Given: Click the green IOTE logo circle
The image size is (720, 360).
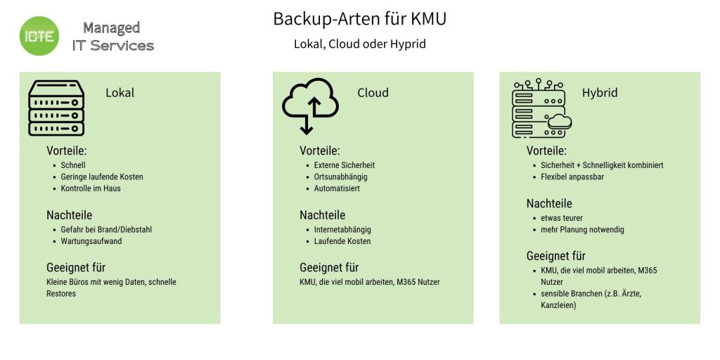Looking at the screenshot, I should [x=39, y=36].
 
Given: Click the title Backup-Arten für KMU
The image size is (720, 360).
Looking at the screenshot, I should [x=359, y=19].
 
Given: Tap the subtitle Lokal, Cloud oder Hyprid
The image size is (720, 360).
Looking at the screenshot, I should [x=359, y=44].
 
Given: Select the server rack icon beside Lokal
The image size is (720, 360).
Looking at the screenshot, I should [x=56, y=108].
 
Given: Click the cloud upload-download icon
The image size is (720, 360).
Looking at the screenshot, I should [x=310, y=105].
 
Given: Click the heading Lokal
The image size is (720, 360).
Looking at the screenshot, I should [x=120, y=93].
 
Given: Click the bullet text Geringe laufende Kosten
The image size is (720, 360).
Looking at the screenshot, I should [x=101, y=176].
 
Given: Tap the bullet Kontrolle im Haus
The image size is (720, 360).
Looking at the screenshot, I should [x=91, y=188].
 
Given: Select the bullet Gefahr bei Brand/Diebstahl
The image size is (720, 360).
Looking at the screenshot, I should [x=105, y=229].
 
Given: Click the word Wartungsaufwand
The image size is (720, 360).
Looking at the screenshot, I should [x=91, y=241].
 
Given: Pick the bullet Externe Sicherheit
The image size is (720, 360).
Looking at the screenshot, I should [x=345, y=165].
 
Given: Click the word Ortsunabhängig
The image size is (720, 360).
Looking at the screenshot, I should [x=340, y=177].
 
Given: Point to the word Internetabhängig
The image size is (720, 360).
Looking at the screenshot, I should [x=342, y=229].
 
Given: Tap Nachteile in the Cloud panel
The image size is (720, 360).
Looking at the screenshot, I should [x=322, y=215].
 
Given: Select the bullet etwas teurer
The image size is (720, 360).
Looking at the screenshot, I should [x=562, y=218].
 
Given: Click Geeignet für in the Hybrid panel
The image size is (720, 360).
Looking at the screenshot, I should [x=555, y=256].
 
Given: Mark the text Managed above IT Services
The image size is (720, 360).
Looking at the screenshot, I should [x=111, y=27].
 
